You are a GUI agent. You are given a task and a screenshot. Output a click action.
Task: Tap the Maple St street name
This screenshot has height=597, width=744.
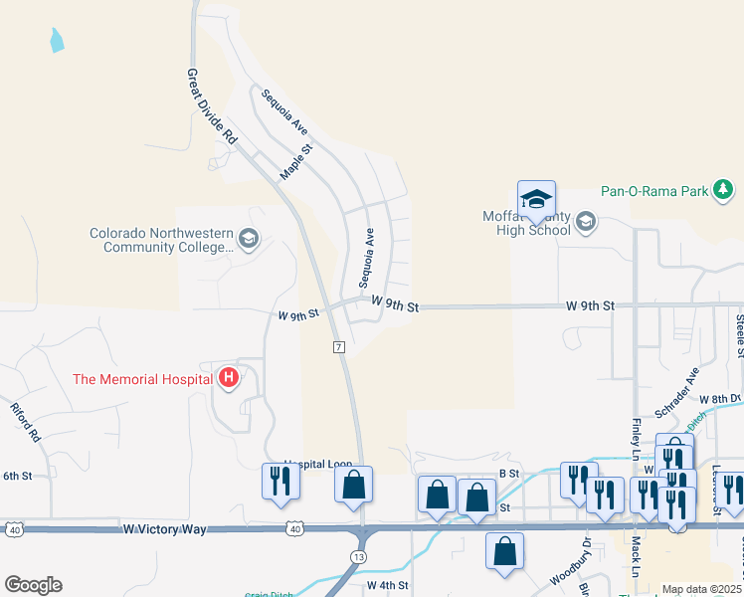[295, 161]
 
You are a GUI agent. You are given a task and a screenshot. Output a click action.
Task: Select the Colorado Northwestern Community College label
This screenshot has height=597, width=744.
[159, 240]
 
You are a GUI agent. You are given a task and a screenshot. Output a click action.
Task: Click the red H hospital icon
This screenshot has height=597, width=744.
[229, 378]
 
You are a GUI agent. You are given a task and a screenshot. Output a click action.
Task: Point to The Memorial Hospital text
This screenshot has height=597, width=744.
[142, 379]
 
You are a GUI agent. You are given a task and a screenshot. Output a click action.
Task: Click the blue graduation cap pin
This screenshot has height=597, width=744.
[536, 199]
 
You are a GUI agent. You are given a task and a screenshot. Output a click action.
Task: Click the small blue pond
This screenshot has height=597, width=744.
[57, 41]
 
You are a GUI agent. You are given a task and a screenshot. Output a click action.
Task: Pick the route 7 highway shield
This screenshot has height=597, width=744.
[339, 347]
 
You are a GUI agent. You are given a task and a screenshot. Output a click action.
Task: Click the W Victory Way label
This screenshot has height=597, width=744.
[164, 529]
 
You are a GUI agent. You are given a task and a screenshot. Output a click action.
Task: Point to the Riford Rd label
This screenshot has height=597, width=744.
[27, 422]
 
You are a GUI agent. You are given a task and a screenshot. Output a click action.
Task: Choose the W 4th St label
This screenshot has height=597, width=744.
[386, 585]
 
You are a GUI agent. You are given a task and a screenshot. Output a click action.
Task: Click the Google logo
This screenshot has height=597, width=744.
[33, 585]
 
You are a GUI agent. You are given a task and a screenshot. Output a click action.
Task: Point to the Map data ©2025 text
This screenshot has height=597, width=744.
[701, 589]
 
